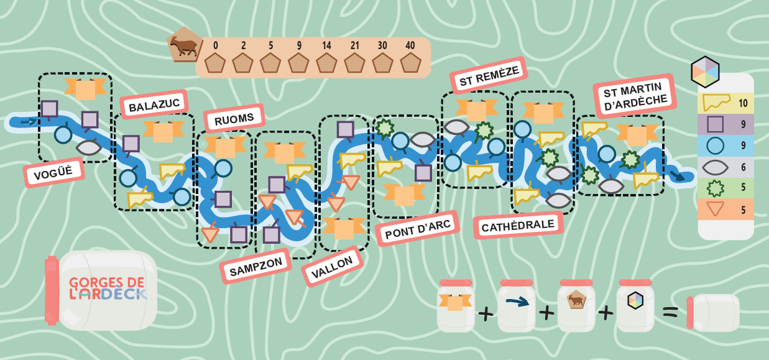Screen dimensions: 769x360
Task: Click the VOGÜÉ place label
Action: (x=54, y=172)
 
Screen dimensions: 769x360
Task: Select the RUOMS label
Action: (x=234, y=119)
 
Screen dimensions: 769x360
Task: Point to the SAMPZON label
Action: (x=256, y=266)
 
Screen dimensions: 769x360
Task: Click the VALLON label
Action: (x=332, y=267)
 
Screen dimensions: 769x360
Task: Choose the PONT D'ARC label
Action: (x=418, y=229)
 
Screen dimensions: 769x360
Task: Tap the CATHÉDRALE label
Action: (x=518, y=225)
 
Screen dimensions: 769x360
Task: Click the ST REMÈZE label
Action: (x=489, y=76)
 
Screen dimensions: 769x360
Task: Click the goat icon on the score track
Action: (x=185, y=45)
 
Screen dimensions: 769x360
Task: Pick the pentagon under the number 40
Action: (x=410, y=63)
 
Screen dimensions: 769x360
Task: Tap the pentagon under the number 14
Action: (x=326, y=63)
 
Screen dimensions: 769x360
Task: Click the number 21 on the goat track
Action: (x=354, y=45)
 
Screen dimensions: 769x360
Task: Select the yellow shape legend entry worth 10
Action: (x=716, y=102)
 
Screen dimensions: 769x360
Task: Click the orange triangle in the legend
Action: (x=716, y=208)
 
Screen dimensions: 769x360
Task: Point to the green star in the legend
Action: (x=716, y=188)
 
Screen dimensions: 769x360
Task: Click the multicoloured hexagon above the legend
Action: (x=705, y=72)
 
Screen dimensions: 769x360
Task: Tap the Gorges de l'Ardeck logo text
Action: (x=108, y=288)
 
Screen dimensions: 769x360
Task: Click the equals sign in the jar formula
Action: (x=670, y=312)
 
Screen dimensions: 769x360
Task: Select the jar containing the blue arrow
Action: (x=517, y=306)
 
